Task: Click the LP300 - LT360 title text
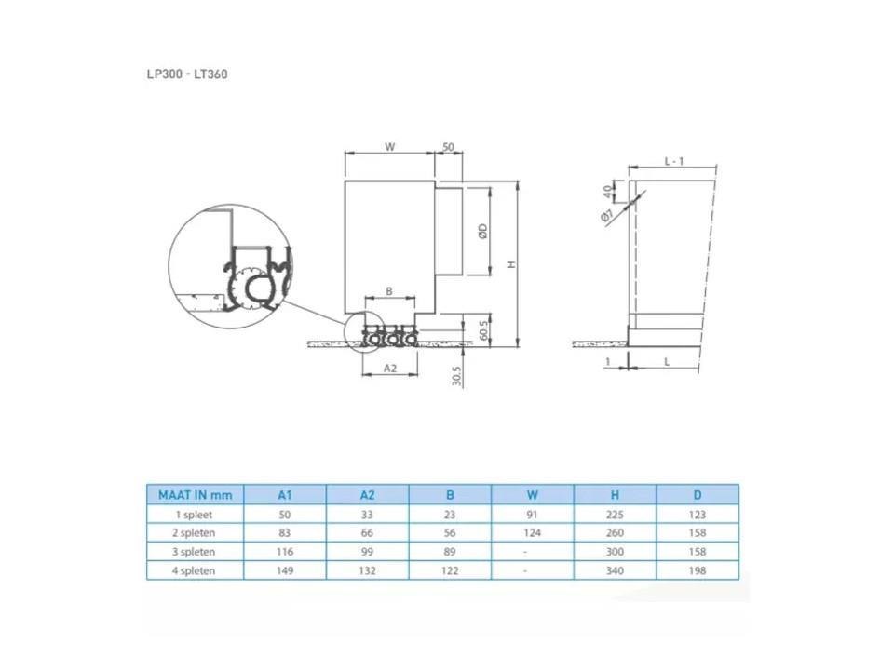tap(187, 74)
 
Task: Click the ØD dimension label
tap(483, 231)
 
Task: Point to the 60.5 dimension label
tap(483, 329)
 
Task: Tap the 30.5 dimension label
tap(456, 376)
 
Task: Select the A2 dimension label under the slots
tap(390, 368)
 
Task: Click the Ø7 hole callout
tap(606, 215)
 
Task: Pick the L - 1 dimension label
tap(674, 161)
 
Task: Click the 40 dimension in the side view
tap(608, 192)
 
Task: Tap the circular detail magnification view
tap(231, 266)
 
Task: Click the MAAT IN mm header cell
tap(196, 495)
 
